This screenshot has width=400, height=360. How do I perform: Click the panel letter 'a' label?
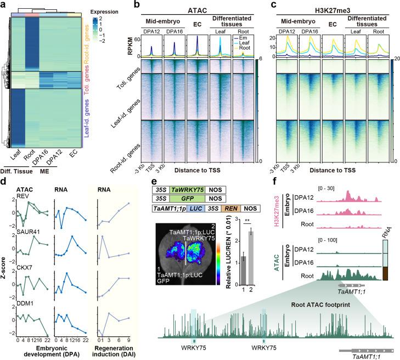click(4, 4)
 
